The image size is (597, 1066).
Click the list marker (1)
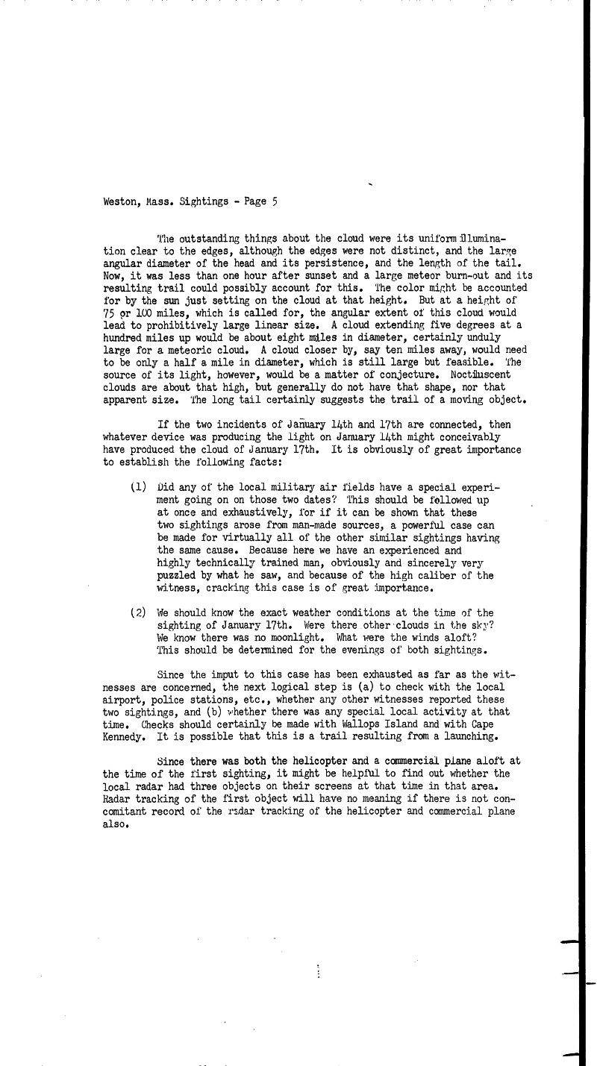(x=139, y=487)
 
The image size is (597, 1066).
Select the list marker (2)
(x=139, y=612)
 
